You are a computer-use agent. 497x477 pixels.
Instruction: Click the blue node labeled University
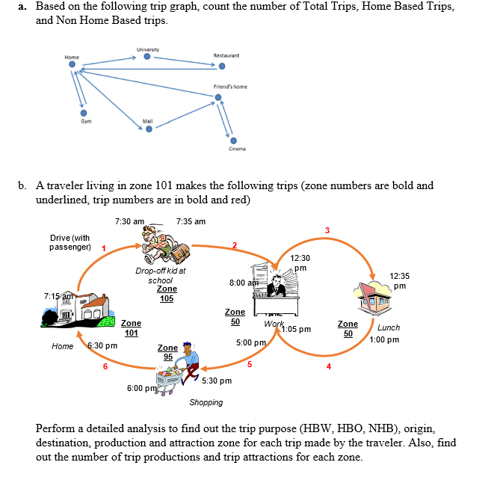(x=147, y=57)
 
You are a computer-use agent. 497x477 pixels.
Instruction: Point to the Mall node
(x=147, y=128)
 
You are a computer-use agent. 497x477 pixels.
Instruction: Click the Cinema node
(x=233, y=139)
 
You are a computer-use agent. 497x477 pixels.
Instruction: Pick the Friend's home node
(x=218, y=96)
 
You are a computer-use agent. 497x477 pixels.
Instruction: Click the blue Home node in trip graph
(x=72, y=65)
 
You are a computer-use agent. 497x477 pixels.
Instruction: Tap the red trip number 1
(x=103, y=248)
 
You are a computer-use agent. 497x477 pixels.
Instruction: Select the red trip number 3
(x=326, y=229)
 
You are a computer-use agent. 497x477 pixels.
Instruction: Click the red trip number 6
(x=105, y=366)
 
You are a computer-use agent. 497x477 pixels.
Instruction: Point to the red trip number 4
(x=328, y=366)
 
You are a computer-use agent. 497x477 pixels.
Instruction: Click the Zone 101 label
(x=131, y=328)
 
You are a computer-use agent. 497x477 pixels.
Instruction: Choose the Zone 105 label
(x=167, y=294)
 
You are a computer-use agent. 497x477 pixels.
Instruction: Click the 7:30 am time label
(x=130, y=221)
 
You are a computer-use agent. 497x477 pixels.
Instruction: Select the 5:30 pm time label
(x=217, y=381)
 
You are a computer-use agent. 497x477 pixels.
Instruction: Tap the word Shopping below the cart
(x=206, y=402)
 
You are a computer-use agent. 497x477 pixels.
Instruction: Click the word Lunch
(x=389, y=327)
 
